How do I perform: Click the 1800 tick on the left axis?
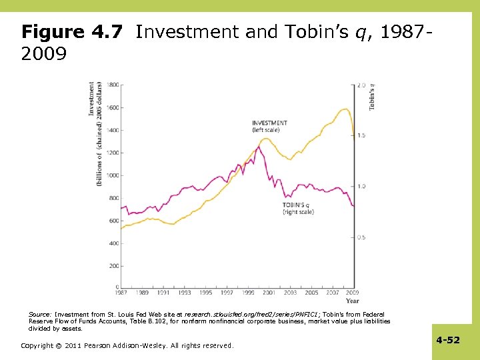pyautogui.click(x=113, y=85)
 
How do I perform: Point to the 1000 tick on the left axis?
pyautogui.click(x=113, y=175)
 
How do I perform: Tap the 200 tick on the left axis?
pyautogui.click(x=114, y=266)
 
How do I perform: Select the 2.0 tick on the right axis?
pyautogui.click(x=362, y=85)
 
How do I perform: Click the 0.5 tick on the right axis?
pyautogui.click(x=362, y=237)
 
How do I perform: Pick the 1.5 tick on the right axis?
pyautogui.click(x=362, y=135)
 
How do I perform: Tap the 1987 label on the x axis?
pyautogui.click(x=121, y=293)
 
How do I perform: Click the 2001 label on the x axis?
pyautogui.click(x=269, y=293)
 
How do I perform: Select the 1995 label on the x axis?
pyautogui.click(x=205, y=293)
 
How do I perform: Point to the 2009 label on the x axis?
pyautogui.click(x=353, y=293)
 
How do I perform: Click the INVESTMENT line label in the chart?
pyautogui.click(x=269, y=123)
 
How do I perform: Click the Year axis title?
pyautogui.click(x=353, y=301)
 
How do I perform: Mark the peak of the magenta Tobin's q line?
pyautogui.click(x=258, y=147)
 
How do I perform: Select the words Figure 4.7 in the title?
pyautogui.click(x=72, y=32)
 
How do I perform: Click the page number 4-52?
pyautogui.click(x=448, y=340)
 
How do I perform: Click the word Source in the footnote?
pyautogui.click(x=39, y=313)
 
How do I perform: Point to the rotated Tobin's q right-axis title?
pyautogui.click(x=371, y=97)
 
